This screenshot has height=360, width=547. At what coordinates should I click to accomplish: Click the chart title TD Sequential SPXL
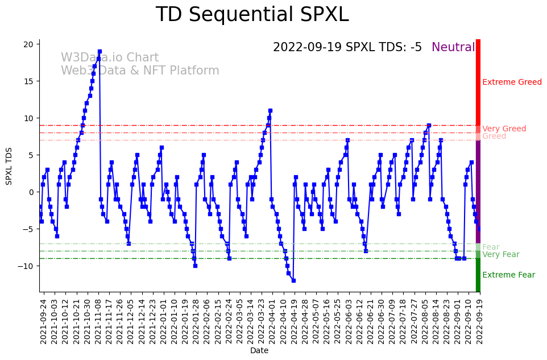click(x=252, y=15)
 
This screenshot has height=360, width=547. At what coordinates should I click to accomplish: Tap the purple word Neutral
click(x=453, y=48)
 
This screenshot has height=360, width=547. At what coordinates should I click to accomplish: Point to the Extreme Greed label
click(x=512, y=82)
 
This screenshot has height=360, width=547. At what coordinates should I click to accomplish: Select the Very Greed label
click(x=504, y=129)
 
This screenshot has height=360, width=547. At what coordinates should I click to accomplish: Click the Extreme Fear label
click(x=508, y=275)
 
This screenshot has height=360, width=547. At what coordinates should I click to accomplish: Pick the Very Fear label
click(x=500, y=255)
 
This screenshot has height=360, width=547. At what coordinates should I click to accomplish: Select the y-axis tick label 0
click(x=33, y=192)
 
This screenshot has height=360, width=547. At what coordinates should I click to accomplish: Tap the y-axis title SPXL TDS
click(x=9, y=165)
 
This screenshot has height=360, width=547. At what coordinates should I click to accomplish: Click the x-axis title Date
click(x=259, y=351)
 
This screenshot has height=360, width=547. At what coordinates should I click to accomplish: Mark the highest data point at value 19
click(x=100, y=52)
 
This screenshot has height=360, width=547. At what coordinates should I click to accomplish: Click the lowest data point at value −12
click(x=293, y=280)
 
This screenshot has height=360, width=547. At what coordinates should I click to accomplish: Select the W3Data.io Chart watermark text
click(x=110, y=58)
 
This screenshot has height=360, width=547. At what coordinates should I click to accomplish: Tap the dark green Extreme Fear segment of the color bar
click(x=478, y=275)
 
